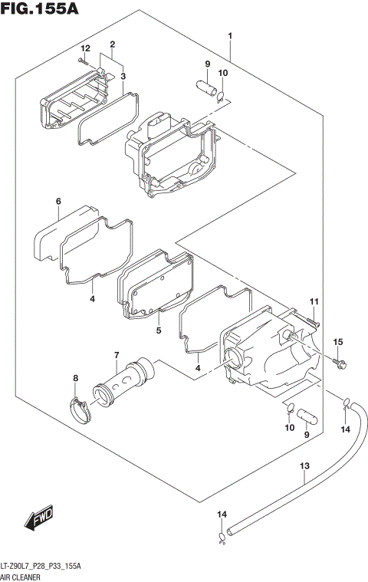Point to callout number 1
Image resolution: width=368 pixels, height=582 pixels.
[x=229, y=35]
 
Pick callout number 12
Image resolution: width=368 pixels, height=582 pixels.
[x=86, y=48]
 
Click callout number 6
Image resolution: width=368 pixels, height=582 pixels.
[x=58, y=202]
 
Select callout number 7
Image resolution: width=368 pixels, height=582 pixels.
[x=116, y=354]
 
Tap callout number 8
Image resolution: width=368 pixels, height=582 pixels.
[x=75, y=378]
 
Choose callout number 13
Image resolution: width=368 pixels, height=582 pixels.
[x=304, y=465]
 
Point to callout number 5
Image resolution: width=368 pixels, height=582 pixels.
[x=157, y=330]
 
